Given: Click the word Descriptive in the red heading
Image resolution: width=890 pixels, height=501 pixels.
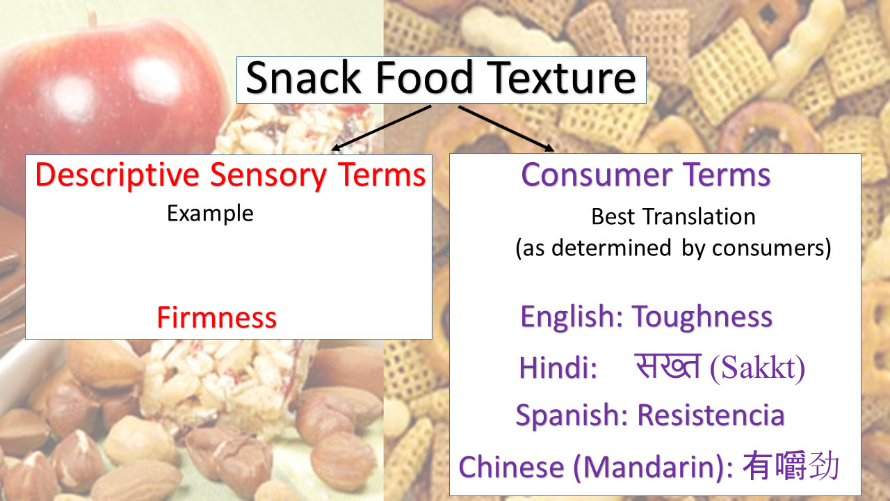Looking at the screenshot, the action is [118, 175].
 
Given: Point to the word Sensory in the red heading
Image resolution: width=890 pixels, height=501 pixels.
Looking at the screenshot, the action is [268, 175].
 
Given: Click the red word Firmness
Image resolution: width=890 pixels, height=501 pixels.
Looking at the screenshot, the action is [216, 317].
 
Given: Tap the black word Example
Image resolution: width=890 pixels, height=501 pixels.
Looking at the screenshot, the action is [210, 214].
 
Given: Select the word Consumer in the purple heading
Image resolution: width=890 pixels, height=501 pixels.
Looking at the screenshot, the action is [597, 174].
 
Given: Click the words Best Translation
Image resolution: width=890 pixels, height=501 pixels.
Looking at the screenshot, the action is [673, 216].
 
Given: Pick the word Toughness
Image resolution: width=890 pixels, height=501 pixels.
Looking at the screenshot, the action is [702, 317].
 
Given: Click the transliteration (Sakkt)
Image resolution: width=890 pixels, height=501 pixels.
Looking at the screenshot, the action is [757, 368].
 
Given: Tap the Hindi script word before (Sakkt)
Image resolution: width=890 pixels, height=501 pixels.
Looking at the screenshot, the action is [667, 366].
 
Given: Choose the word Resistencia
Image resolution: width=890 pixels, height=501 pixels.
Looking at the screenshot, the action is [711, 415].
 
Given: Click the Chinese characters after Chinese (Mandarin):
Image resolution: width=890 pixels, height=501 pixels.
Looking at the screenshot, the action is [791, 466].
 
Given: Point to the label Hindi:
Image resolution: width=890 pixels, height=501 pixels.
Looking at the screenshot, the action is [558, 367].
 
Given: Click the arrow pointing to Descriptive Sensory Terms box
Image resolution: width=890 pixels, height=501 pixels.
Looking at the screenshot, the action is [381, 128].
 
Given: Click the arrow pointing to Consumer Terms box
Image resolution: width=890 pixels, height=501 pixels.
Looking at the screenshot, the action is [506, 129].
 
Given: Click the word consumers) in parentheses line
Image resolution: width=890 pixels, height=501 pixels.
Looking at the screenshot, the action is [771, 248].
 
